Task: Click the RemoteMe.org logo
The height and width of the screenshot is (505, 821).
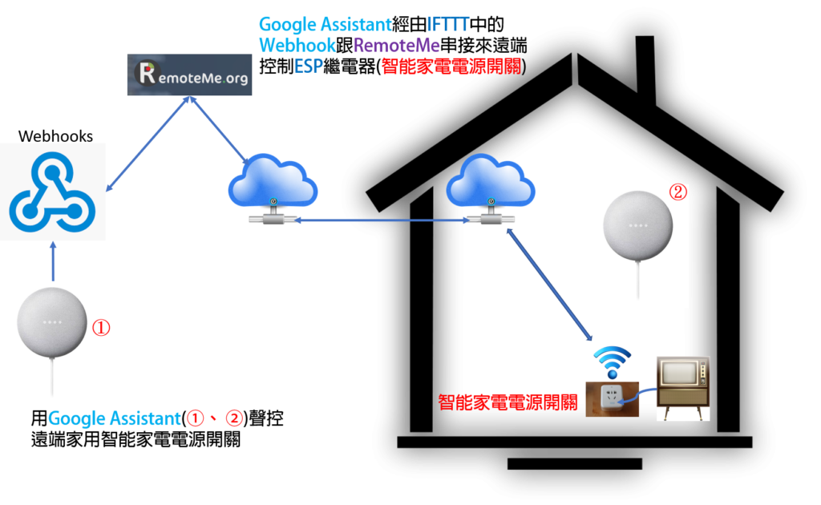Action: click(x=189, y=75)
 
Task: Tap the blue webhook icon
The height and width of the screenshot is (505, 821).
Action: click(x=52, y=192)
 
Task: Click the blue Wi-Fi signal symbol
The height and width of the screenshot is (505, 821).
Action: click(x=612, y=362)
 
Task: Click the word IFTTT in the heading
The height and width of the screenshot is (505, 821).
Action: click(x=447, y=25)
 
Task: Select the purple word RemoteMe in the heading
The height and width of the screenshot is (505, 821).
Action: click(x=397, y=46)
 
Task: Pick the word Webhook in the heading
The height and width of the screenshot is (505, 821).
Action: click(x=297, y=46)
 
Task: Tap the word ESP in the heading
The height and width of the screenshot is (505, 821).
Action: click(x=309, y=67)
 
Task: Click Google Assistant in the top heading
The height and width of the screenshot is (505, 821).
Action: click(x=326, y=25)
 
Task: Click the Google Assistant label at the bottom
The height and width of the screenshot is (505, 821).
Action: click(x=114, y=418)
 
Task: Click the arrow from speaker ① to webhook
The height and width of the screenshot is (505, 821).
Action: click(x=53, y=261)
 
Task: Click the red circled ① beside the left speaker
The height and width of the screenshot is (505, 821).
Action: click(x=101, y=327)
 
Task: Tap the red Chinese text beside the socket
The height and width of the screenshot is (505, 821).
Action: click(x=508, y=402)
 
